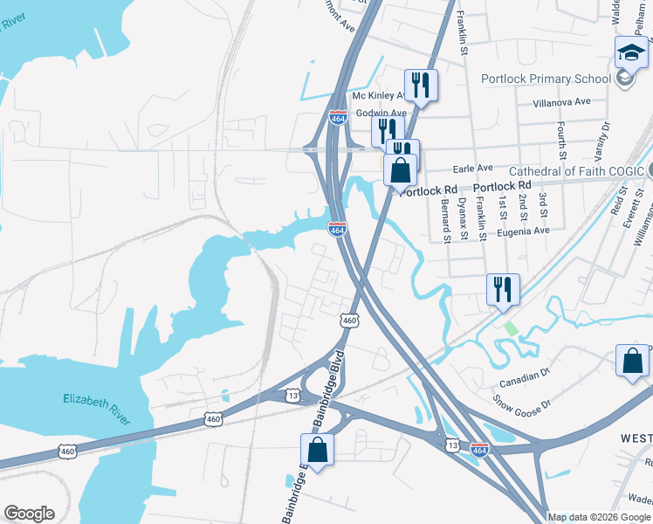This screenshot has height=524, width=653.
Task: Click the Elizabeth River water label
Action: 97,410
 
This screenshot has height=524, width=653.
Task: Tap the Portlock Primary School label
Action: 546,79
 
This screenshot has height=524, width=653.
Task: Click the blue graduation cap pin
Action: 631,55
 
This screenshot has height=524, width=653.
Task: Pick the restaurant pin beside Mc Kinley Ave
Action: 421,86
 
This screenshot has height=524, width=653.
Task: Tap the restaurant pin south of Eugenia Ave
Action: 503,289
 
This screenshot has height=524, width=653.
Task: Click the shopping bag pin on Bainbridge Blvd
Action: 318,451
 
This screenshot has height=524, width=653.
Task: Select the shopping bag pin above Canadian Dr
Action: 633,361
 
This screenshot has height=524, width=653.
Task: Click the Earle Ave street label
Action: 471,168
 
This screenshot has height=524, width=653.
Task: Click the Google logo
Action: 29,514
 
